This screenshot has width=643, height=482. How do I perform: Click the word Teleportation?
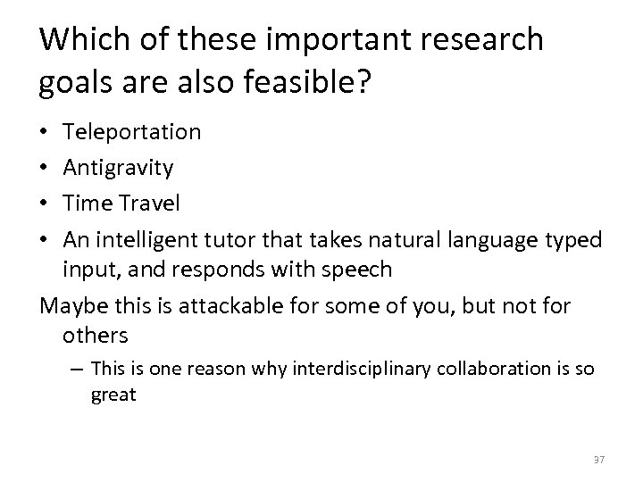click(132, 132)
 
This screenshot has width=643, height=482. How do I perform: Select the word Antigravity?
click(119, 168)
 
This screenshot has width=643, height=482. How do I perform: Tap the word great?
click(113, 394)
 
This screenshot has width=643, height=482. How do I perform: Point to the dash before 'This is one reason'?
click(78, 368)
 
